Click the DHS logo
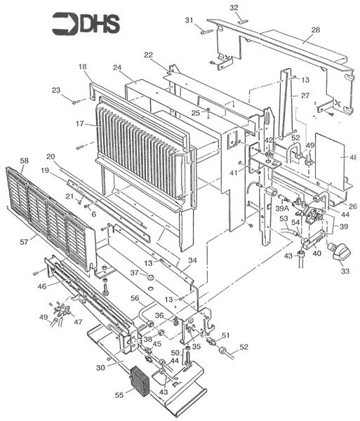pos(86,24)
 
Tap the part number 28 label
pos(315,29)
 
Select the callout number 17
pos(80,123)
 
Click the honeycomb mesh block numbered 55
pos(140,380)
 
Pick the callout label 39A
pos(282,208)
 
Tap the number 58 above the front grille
pos(24,161)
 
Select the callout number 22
pos(149,55)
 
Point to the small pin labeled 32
pos(243,22)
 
